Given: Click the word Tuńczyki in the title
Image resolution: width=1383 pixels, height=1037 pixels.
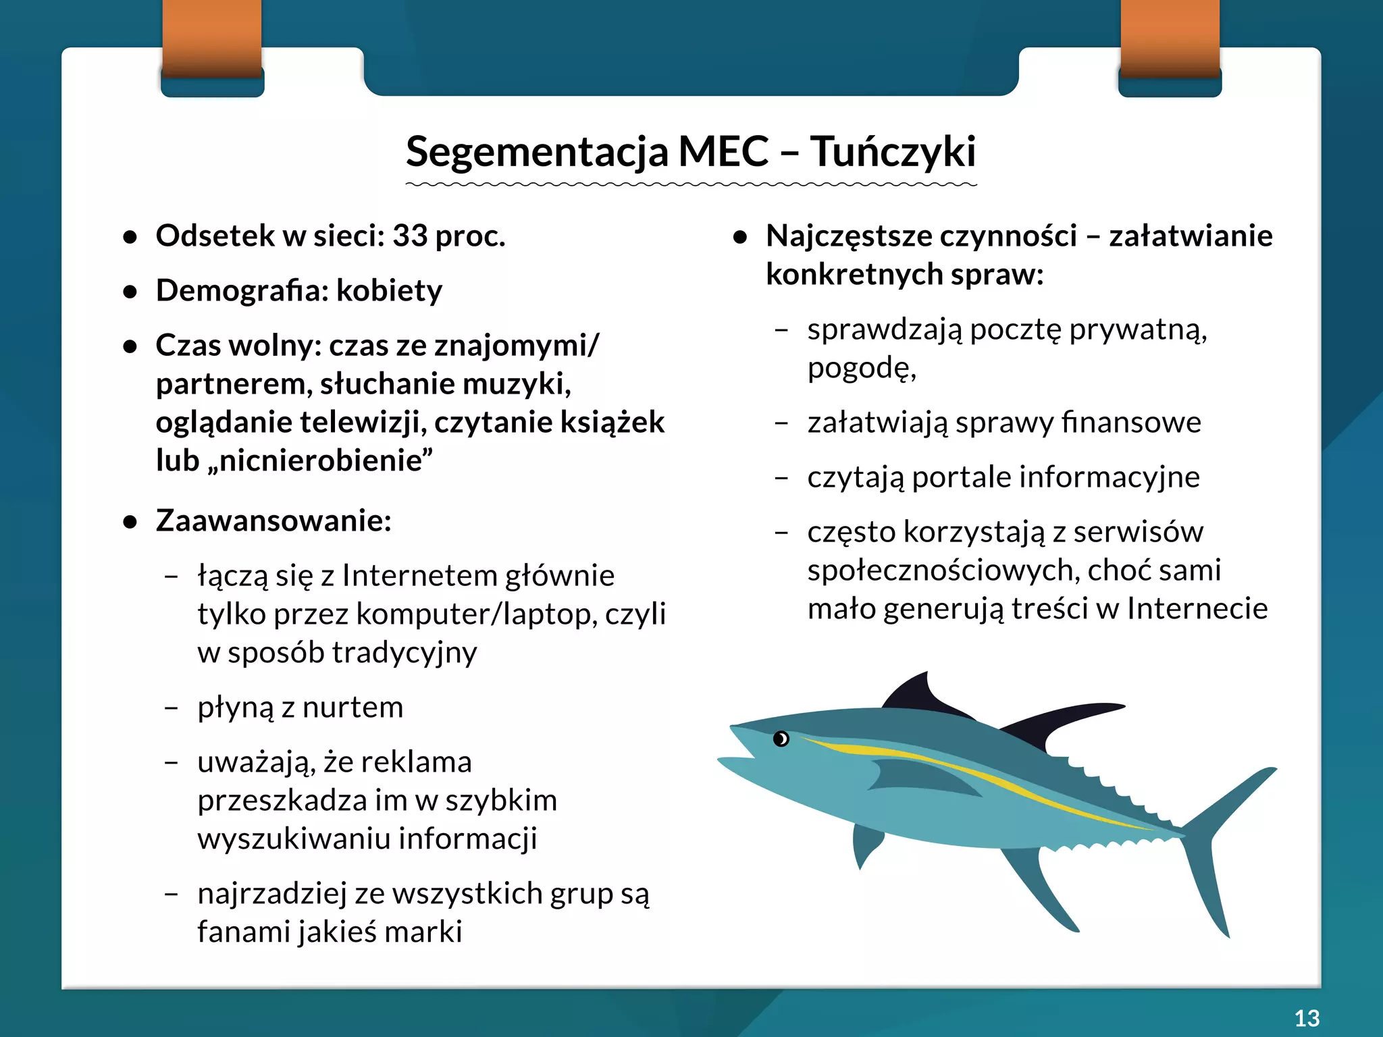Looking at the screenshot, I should (893, 151).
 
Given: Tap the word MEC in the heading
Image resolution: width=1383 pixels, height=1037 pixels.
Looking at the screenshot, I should (723, 151).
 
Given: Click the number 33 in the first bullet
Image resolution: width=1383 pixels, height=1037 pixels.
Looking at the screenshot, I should (410, 236).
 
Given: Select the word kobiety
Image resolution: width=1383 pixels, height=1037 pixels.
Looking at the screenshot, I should (389, 291).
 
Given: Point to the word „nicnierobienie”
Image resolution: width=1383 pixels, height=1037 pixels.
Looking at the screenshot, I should (326, 461).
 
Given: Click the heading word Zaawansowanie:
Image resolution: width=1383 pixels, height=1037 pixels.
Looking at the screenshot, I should (273, 521).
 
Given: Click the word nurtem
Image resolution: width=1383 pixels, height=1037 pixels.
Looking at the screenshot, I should (353, 708).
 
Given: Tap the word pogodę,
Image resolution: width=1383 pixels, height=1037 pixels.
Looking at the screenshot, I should (862, 369).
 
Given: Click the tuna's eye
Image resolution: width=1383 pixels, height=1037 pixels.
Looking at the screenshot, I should (781, 739).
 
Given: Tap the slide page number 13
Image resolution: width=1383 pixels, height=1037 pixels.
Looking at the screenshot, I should (1307, 1018).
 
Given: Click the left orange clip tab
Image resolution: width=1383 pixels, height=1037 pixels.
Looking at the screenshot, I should (212, 37).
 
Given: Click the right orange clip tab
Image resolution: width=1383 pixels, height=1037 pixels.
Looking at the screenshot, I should (1170, 37).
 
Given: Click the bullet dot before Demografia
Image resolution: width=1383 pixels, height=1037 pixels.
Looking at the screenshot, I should (130, 292).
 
